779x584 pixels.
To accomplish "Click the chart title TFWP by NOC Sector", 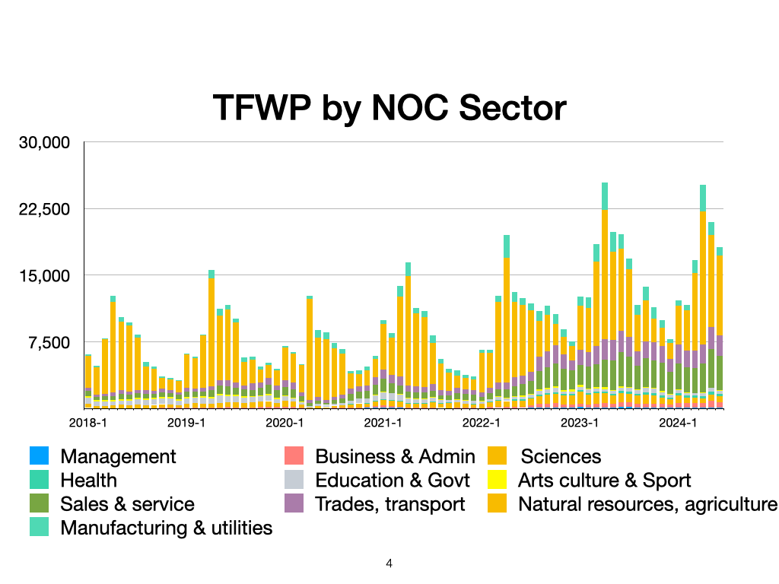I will pyautogui.click(x=389, y=107).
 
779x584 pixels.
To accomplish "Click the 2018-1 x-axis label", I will pyautogui.click(x=87, y=421).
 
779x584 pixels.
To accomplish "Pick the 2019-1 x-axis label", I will pyautogui.click(x=186, y=421).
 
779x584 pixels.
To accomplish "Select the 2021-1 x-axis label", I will pyautogui.click(x=382, y=421).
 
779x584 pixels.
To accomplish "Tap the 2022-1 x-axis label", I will pyautogui.click(x=480, y=421).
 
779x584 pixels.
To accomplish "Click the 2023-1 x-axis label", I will pyautogui.click(x=579, y=421).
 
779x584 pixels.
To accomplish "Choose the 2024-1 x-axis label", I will pyautogui.click(x=677, y=421).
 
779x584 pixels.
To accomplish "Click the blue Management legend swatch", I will pyautogui.click(x=39, y=456).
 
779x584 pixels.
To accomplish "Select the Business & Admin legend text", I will pyautogui.click(x=395, y=456).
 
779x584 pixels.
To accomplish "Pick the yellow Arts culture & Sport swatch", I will pyautogui.click(x=496, y=480).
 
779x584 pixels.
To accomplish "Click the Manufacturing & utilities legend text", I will pyautogui.click(x=166, y=527).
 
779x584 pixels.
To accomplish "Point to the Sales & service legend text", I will pyautogui.click(x=127, y=503).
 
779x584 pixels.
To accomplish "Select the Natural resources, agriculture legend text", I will pyautogui.click(x=647, y=503).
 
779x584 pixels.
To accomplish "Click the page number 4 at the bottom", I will pyautogui.click(x=389, y=563).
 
